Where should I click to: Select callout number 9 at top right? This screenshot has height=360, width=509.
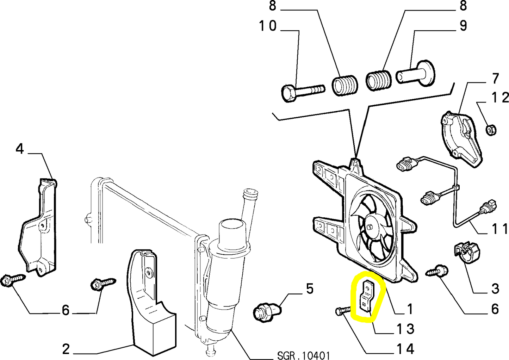(x=463, y=26)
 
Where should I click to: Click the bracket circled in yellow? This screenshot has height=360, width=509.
(x=367, y=298)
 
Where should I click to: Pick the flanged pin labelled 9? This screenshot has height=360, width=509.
(x=416, y=75)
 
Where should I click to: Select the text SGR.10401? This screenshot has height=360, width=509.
(x=303, y=355)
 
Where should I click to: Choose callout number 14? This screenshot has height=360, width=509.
(x=405, y=349)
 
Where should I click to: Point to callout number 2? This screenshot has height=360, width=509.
(x=66, y=349)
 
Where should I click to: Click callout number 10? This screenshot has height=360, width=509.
(x=268, y=26)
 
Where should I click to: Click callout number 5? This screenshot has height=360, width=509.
(x=309, y=289)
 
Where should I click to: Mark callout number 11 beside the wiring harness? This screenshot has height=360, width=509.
(x=499, y=229)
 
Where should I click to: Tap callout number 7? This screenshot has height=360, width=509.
(x=496, y=78)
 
